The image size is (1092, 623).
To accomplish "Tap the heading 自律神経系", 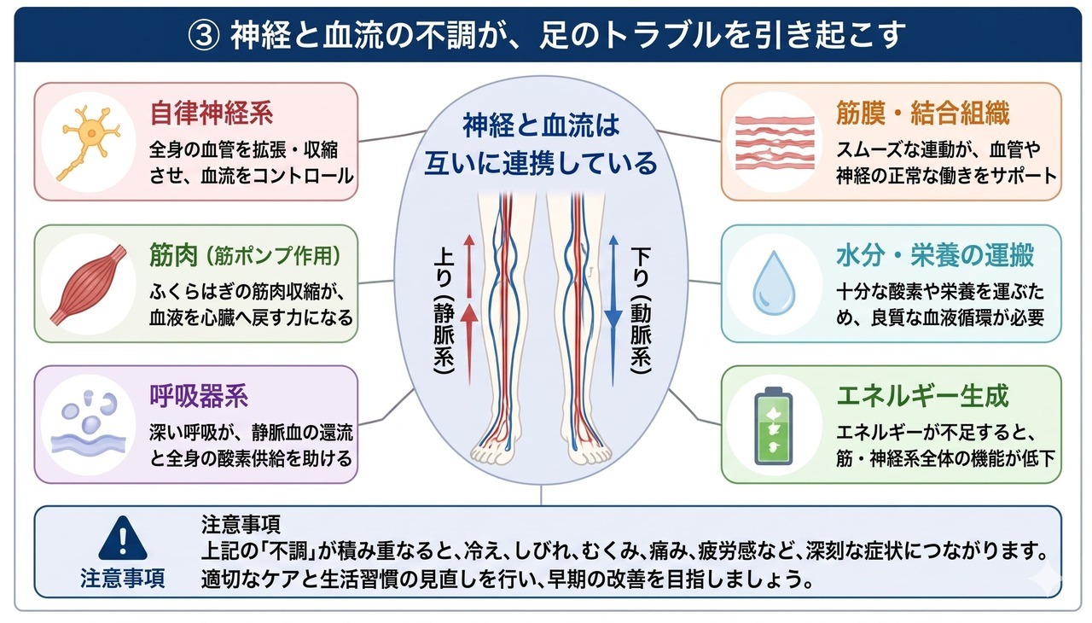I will [212, 114].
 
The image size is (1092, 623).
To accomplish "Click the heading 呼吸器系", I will [199, 396].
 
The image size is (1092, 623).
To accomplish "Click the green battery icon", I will [775, 425].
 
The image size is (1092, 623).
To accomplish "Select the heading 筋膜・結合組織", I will [923, 114].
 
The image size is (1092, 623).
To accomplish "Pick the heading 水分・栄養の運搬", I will [935, 255].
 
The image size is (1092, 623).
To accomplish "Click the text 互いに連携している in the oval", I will [542, 162].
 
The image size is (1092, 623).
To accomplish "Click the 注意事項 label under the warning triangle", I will [123, 579].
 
